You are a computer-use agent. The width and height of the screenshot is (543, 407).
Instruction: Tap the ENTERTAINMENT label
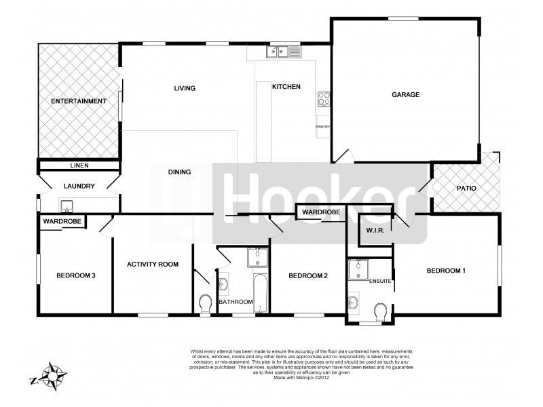79,101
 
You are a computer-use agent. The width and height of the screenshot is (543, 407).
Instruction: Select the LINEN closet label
80,165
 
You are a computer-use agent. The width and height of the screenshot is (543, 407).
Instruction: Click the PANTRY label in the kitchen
323,127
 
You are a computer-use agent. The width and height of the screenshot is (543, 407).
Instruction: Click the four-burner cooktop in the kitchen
323,100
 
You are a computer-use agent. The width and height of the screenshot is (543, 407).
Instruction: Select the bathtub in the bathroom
261,294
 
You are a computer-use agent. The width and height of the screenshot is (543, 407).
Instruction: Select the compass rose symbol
52,372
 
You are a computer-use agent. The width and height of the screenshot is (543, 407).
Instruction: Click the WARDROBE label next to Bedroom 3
62,222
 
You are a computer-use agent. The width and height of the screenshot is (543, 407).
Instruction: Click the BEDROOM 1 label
446,271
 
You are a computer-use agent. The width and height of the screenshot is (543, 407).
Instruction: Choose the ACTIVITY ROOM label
153,264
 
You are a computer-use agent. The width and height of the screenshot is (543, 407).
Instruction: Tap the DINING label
179,172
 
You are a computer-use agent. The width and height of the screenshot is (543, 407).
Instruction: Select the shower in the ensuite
357,269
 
